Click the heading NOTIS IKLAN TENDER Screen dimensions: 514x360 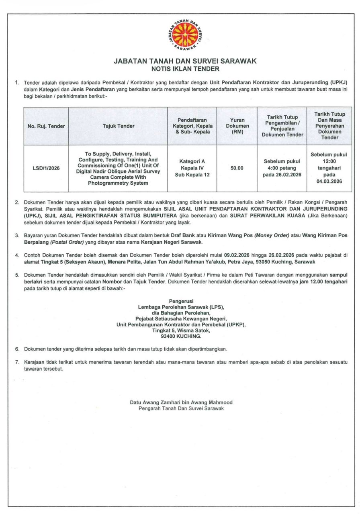pos(185,69)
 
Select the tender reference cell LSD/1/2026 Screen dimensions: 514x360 pos(46,168)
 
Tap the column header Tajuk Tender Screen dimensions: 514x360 pos(119,126)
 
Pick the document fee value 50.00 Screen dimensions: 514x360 pos(237,168)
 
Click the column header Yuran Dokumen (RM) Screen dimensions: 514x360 pos(237,126)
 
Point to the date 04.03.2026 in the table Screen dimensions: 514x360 pos(329,182)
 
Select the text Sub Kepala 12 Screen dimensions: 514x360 pos(192,175)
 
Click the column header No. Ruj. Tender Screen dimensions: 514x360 pos(46,126)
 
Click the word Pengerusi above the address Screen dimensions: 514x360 pos(181,301)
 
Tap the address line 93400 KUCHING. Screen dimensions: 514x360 pos(181,337)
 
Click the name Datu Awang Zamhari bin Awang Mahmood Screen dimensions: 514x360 pos(181,402)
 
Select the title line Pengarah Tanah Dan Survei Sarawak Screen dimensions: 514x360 pos(181,408)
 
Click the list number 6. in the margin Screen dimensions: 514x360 pos(17,349)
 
